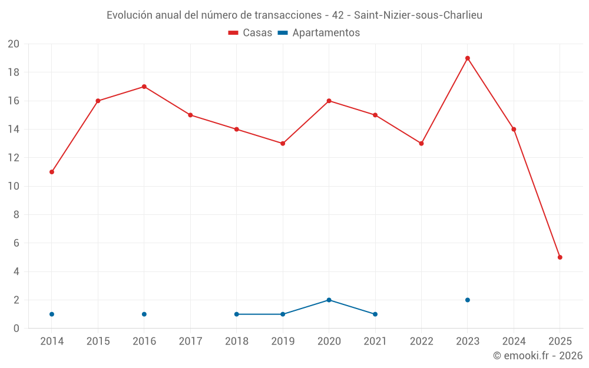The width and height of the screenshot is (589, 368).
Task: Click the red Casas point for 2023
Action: pos(468,58)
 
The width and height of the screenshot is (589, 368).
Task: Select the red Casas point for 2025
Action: pos(560,257)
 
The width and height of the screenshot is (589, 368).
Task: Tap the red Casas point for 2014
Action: pos(52,172)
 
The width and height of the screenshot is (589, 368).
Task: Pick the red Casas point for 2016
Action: pos(144,87)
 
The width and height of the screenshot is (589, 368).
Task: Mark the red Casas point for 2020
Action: pos(329,101)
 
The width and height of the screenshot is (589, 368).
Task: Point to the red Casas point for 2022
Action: pos(421,144)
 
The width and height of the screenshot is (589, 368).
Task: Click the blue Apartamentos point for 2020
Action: pos(329,300)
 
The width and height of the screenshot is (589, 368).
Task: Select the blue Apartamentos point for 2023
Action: pos(468,300)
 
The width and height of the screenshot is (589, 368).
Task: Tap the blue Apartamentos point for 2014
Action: pos(52,314)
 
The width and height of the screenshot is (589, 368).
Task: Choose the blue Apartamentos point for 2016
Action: pos(144,314)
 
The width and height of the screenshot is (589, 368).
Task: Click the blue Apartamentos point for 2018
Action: pos(237,314)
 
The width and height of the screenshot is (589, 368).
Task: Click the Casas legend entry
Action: pos(250,33)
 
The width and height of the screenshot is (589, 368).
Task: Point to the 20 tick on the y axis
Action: pos(14,44)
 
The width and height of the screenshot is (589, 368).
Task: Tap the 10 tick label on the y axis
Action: pos(14,187)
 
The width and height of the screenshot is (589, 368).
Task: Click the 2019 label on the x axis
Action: pos(283,342)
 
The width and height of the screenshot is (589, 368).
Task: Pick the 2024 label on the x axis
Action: pos(514,342)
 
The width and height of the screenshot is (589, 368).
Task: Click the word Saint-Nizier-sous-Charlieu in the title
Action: pos(418,15)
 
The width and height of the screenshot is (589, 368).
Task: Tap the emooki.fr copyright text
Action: pos(538,356)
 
